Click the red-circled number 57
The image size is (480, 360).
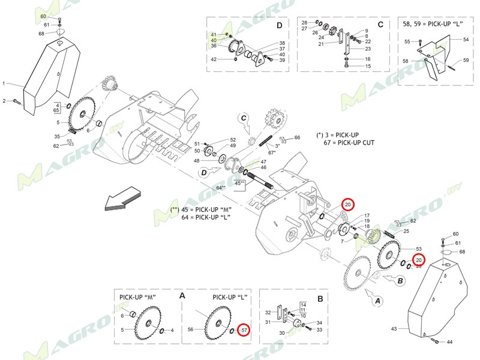243,330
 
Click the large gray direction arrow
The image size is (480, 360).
122,200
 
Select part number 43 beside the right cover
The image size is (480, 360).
394,329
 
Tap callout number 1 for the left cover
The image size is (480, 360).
4,83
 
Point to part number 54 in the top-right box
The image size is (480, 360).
466,39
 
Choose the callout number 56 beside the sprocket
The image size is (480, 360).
191,330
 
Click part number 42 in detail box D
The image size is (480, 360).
214,59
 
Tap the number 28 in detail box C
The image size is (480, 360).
304,22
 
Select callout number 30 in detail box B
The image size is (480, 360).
282,334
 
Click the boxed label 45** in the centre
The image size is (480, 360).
239,183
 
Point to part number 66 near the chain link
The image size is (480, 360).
296,138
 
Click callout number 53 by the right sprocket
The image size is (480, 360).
418,248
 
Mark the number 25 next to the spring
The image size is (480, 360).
406,231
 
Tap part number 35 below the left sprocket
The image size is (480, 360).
56,136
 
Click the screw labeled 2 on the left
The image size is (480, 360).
5,101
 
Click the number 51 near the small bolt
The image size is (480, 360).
197,144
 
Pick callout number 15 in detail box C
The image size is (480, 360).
367,66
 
